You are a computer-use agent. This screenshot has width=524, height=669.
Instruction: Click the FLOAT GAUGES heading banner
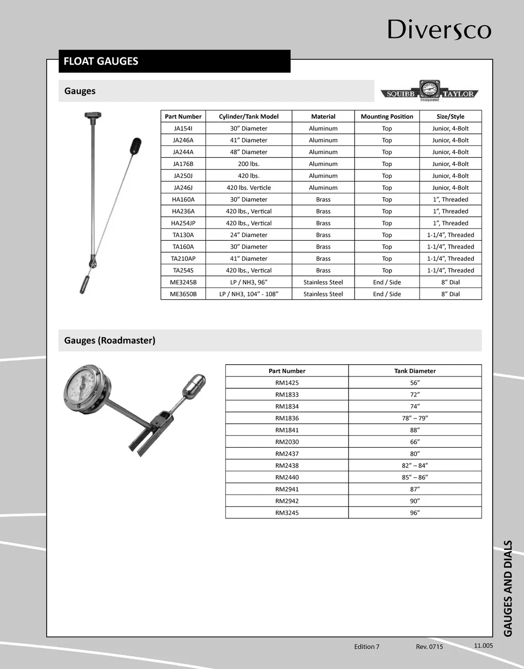point(174,61)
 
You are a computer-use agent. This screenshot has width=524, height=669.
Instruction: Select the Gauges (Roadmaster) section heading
point(110,341)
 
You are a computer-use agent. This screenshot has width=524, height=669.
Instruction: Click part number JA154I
point(183,129)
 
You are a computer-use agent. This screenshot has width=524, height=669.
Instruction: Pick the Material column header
point(323,117)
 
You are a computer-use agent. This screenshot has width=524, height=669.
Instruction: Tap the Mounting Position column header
point(387,117)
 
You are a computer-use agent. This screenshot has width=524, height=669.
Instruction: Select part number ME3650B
point(183,294)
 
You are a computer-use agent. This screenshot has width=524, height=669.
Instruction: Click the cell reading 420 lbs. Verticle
point(249,187)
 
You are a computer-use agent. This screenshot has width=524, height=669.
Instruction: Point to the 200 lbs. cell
point(249,164)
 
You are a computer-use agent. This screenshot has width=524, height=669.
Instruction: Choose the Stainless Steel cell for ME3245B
point(323,282)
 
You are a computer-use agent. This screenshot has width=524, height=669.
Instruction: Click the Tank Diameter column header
point(414,371)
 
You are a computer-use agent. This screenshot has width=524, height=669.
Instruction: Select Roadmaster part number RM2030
point(287,442)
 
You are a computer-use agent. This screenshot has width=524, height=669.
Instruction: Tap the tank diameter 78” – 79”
point(414,419)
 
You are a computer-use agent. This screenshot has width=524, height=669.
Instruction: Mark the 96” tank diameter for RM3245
point(414,513)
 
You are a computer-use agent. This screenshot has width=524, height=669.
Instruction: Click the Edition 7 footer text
point(366,646)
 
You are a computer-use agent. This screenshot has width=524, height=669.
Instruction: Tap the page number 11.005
point(483,645)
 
